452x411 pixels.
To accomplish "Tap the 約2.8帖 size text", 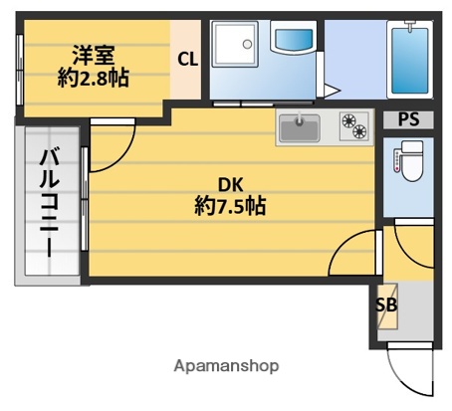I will [x=93, y=77].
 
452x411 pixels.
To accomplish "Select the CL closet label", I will [x=187, y=59].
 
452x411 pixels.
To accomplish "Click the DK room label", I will [x=231, y=184].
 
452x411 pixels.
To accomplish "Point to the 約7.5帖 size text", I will [x=230, y=207].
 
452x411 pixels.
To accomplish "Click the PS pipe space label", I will [x=408, y=120].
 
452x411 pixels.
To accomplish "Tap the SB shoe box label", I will [x=385, y=305].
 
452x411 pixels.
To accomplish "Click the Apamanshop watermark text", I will [x=226, y=365].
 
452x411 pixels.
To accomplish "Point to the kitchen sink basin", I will [x=297, y=126].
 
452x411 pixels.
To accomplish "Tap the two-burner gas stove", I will [x=352, y=126].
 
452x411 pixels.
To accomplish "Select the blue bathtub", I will [x=409, y=59].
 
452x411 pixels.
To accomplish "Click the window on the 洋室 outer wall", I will [x=19, y=70].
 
